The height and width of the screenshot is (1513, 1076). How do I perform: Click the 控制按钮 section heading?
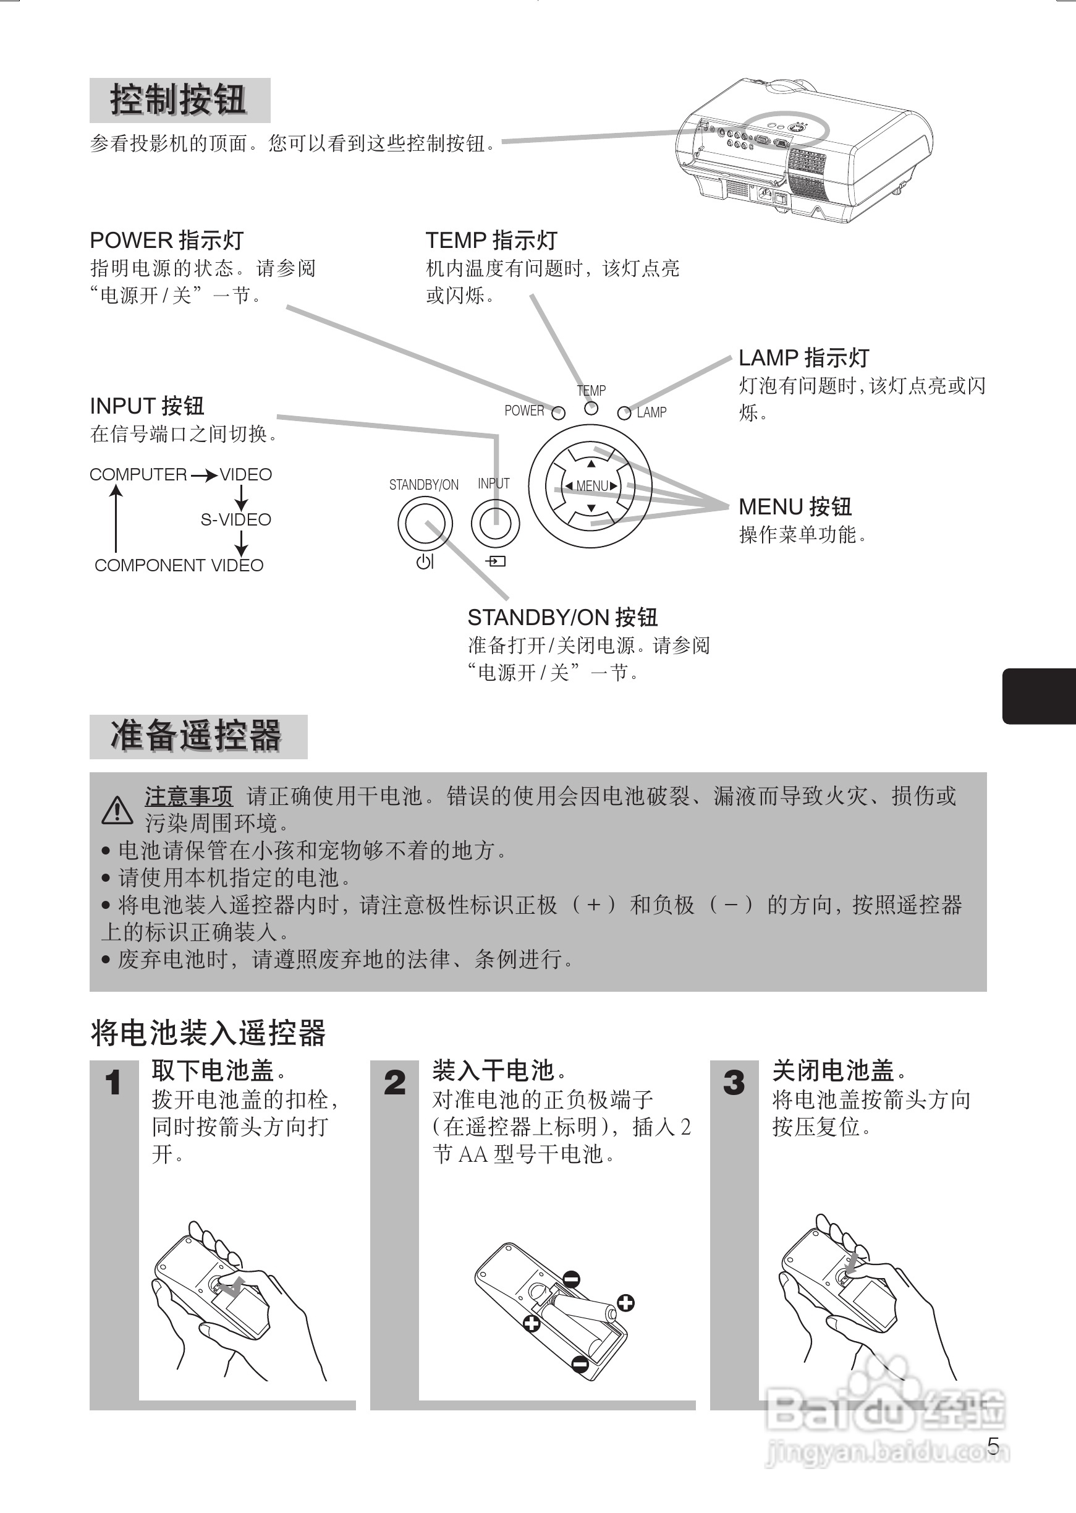point(179,100)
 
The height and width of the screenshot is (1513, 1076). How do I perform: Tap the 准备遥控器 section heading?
point(197,736)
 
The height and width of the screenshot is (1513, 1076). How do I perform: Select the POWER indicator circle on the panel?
point(559,414)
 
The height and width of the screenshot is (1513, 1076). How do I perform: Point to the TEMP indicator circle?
point(591,408)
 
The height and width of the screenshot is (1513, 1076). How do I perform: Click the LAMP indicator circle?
point(624,414)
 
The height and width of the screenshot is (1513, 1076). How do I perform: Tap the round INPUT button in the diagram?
point(495,523)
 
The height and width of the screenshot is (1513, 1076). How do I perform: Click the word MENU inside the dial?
point(591,486)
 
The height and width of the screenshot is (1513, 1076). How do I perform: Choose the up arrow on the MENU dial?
point(591,463)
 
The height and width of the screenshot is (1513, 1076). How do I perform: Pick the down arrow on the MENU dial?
point(591,508)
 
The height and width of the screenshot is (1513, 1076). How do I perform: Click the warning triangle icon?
point(117,810)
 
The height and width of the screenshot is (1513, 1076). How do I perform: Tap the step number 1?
point(113,1083)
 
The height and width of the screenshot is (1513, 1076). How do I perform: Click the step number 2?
point(394,1083)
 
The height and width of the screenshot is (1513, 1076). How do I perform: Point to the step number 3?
point(734,1083)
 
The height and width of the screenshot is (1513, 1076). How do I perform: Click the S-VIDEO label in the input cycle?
point(236,519)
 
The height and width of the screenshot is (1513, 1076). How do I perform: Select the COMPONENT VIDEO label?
point(179,565)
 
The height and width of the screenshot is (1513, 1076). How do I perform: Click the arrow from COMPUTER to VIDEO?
point(203,475)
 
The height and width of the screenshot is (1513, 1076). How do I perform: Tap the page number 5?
point(993,1445)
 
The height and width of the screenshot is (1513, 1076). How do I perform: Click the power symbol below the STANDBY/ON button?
point(425,562)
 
